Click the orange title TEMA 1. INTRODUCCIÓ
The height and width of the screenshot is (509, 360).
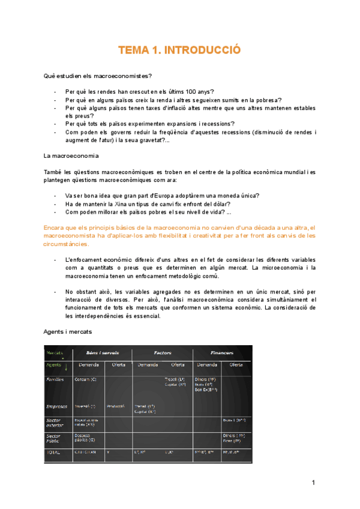179,50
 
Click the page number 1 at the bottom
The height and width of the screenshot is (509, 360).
313,483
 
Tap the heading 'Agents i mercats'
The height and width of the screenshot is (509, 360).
68,331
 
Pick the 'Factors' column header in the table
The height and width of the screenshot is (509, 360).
162,353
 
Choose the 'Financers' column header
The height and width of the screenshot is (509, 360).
221,353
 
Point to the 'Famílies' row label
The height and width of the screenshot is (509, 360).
56,379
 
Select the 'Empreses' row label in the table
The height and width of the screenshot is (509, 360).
56,406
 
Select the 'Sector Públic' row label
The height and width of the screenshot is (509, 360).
55,438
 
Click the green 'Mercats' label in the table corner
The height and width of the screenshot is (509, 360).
55,353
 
